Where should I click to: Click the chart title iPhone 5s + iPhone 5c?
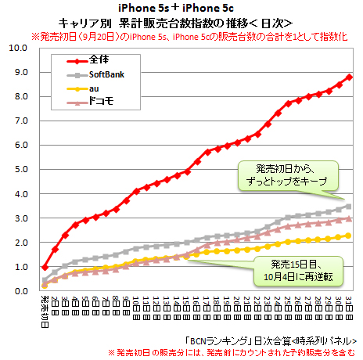(181, 7)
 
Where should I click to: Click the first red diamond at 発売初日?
(44, 267)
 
